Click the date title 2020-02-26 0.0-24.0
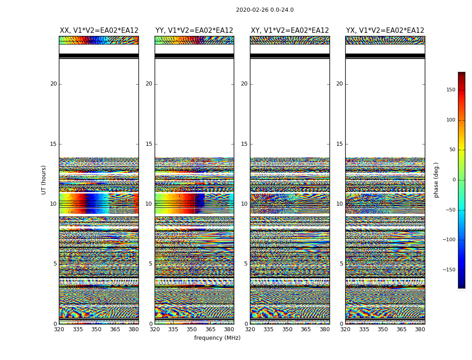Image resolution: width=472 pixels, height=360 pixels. point(265,10)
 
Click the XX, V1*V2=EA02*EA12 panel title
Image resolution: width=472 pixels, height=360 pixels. point(99,31)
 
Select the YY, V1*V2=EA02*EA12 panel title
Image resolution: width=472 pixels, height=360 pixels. point(194,31)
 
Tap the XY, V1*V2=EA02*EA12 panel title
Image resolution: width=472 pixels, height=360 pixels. point(290,31)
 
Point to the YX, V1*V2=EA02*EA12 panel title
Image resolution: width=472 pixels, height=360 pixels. point(385,31)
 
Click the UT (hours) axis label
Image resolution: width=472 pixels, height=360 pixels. point(44,180)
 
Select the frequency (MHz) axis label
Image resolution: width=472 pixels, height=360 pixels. point(217,338)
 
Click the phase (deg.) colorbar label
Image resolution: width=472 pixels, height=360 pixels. point(436,180)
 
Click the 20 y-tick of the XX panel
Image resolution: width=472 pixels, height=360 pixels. point(53,84)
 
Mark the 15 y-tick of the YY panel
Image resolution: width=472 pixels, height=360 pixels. point(149,144)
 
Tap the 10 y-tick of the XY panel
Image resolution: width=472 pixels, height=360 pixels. point(244,204)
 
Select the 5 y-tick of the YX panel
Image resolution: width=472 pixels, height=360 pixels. point(341,264)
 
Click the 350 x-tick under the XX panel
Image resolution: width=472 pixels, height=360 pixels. point(96,329)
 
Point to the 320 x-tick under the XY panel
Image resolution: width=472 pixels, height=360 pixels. point(250,329)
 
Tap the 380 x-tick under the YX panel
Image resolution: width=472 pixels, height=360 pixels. point(420,329)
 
